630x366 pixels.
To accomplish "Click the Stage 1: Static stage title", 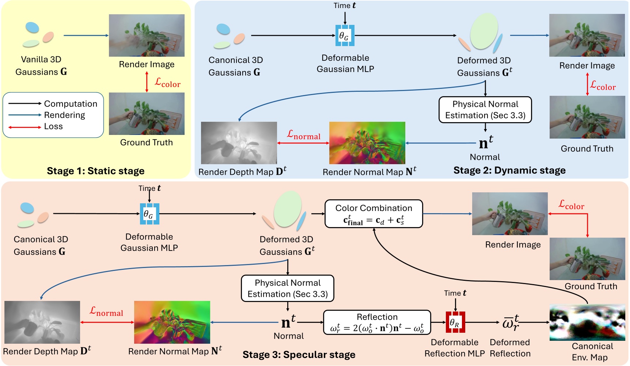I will (x=95, y=171).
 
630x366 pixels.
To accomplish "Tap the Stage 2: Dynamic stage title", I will (x=509, y=170).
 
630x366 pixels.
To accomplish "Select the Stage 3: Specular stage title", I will (x=299, y=354).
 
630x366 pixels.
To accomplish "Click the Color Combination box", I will (x=373, y=214).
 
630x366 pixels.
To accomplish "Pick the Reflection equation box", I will (x=377, y=322).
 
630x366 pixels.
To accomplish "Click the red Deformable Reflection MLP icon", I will (x=455, y=322).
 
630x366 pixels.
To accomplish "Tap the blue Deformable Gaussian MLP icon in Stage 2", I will (x=345, y=35).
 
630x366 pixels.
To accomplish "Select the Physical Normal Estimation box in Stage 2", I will (x=485, y=109).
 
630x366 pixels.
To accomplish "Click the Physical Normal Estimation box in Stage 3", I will (x=288, y=288).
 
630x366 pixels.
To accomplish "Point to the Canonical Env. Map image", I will (x=587, y=322).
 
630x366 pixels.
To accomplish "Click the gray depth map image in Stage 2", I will (x=239, y=143).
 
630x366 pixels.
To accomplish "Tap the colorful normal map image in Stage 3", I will (x=172, y=322).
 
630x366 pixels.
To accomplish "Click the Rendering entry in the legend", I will (x=64, y=115).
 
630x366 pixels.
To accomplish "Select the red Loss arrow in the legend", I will (x=24, y=127).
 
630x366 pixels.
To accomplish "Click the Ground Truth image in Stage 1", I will (x=147, y=113).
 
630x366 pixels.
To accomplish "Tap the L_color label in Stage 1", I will (x=167, y=83).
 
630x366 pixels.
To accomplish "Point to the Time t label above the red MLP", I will (x=455, y=293).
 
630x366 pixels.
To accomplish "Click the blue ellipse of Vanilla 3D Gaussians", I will (x=32, y=27).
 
